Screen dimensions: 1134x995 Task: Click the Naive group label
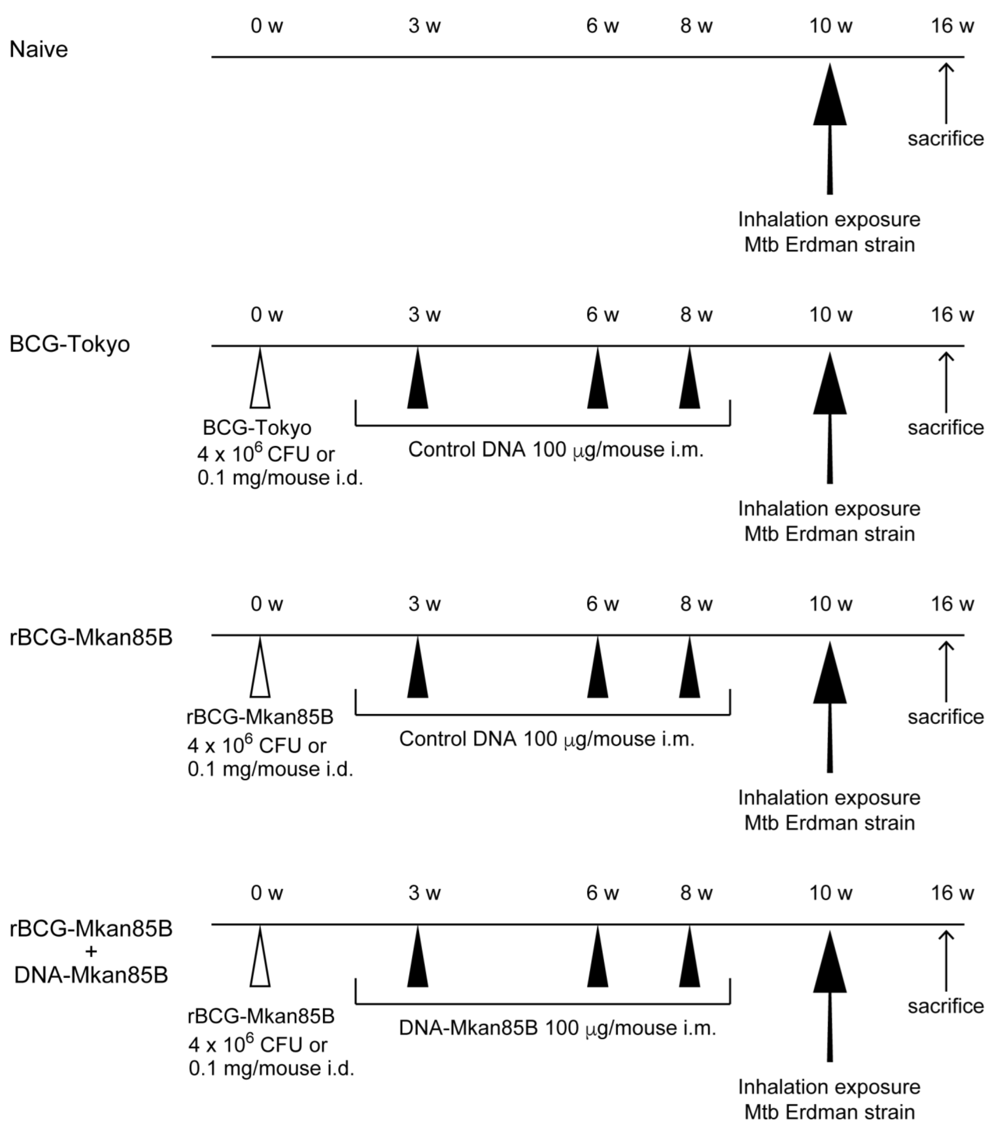click(39, 49)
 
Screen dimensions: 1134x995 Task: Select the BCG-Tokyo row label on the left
click(70, 344)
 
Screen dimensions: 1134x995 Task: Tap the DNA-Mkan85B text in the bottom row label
click(91, 974)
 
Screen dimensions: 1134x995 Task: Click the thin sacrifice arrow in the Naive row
click(946, 93)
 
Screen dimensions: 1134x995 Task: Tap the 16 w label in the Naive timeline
click(952, 26)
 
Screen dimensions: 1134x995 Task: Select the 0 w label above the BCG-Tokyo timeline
click(267, 315)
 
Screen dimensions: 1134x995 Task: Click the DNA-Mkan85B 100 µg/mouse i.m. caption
click(557, 1028)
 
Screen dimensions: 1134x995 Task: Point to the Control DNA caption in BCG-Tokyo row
click(556, 449)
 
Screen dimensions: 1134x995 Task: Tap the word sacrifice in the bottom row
click(946, 1006)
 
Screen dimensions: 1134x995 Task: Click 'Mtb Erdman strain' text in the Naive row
click(829, 245)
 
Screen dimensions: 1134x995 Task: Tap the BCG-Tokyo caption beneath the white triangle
click(257, 428)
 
